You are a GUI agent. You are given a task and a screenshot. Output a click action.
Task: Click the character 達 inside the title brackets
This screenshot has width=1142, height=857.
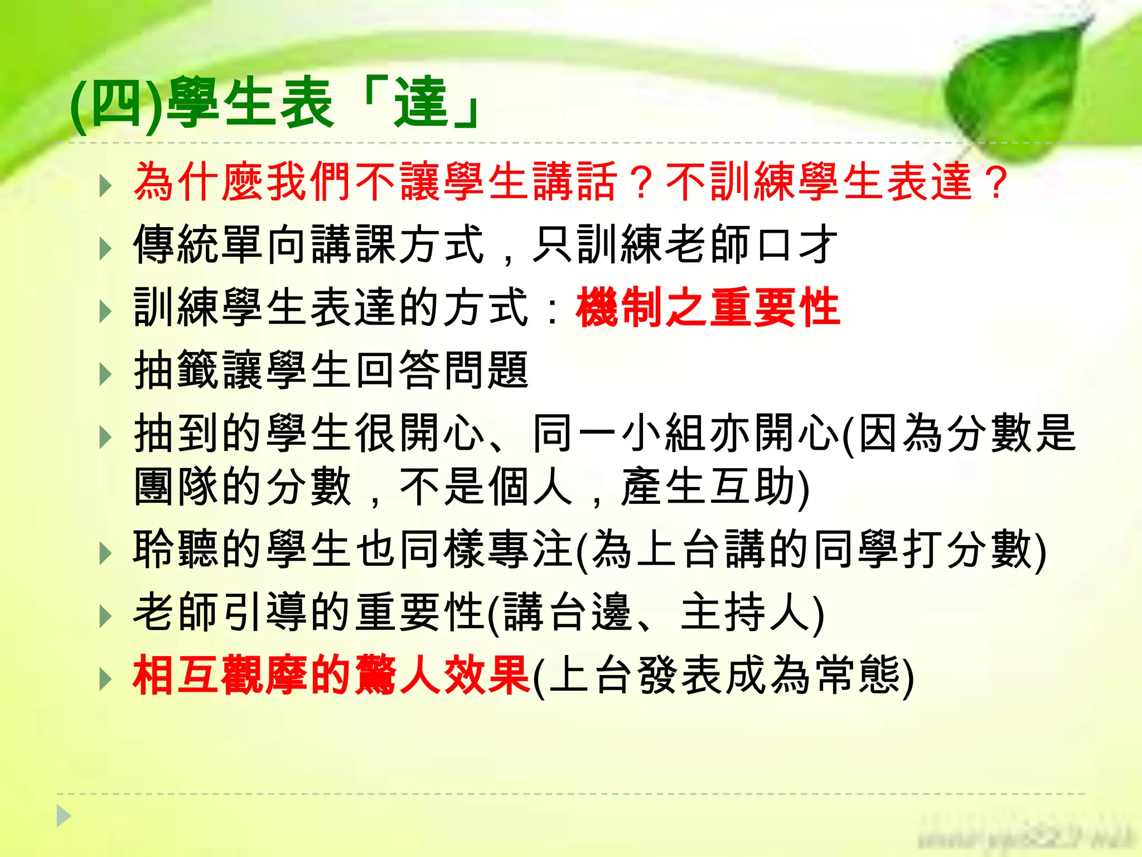click(421, 103)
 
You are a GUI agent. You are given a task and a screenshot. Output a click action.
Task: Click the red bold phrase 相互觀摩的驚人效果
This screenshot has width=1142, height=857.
click(331, 676)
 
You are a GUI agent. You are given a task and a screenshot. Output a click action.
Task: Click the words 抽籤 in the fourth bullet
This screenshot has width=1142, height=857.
click(177, 370)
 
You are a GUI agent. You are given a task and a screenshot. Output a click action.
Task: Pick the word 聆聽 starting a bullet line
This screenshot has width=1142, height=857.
click(177, 550)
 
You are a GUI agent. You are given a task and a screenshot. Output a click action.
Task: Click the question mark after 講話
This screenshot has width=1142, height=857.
click(641, 182)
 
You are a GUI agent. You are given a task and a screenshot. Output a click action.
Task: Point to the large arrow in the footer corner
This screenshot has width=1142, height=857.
click(64, 816)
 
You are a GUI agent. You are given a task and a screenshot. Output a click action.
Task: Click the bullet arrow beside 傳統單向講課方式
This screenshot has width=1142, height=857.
click(105, 248)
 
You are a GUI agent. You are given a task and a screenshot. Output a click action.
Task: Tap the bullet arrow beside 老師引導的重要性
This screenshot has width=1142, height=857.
click(105, 616)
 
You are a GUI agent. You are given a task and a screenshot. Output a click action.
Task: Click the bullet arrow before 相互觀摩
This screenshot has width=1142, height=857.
click(105, 679)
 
